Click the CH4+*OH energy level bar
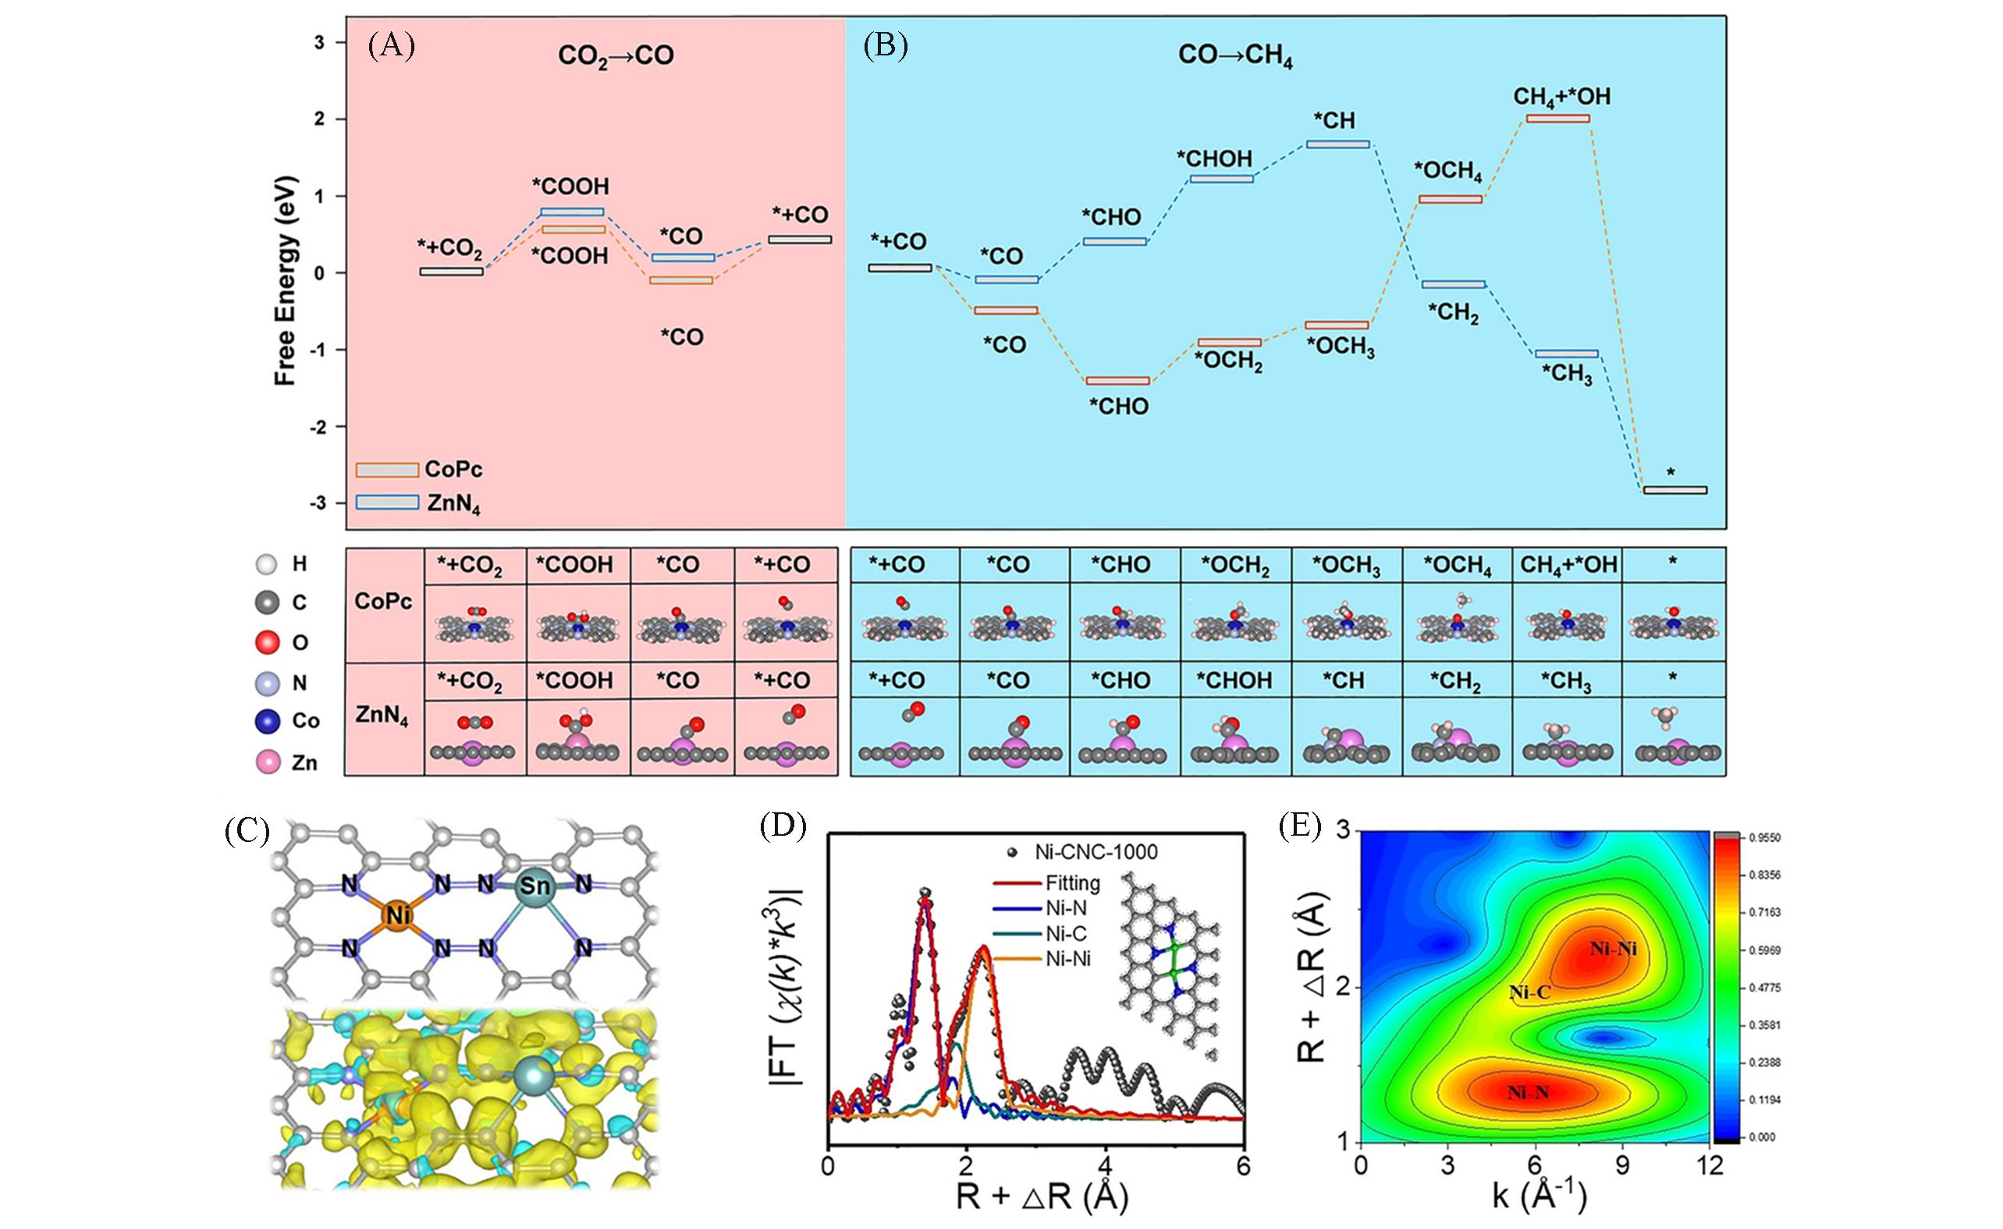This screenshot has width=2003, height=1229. pos(1557,119)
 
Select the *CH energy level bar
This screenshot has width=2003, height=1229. pos(1337,144)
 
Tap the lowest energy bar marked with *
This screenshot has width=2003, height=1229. pos(1674,490)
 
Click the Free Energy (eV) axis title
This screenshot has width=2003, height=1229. pos(285,282)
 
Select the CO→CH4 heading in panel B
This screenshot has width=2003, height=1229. pos(1234,57)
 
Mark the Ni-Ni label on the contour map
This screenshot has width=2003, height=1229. pos(1613,949)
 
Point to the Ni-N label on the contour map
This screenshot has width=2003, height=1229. pos(1528,1093)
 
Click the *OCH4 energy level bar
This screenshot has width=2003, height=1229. pos(1451,198)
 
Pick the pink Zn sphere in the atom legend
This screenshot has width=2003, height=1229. pos(268,762)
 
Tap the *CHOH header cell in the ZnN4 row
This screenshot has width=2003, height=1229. pos(1234,680)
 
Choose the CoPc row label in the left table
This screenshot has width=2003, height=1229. pos(383,602)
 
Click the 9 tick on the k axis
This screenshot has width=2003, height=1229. pos(1622,1167)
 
